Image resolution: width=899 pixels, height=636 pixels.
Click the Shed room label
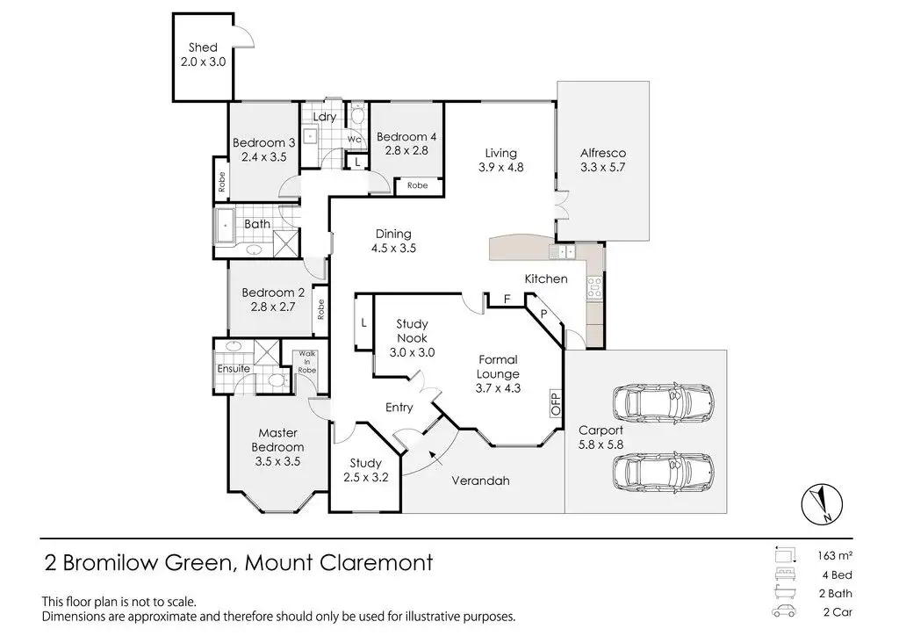203,47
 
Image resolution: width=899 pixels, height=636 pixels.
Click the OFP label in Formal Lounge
555,403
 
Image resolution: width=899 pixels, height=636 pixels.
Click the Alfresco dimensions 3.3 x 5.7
602,167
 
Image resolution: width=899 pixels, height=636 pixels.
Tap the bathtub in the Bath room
226,224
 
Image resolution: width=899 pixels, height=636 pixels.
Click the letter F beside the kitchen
507,300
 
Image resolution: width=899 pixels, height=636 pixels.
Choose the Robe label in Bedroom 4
417,186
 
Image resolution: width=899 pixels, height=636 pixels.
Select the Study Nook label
412,330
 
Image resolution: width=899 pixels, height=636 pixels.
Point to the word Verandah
480,481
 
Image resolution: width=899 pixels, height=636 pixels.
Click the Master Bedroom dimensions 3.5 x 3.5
279,461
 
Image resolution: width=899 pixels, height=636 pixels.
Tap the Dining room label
393,234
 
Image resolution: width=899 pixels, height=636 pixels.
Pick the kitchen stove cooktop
594,285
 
